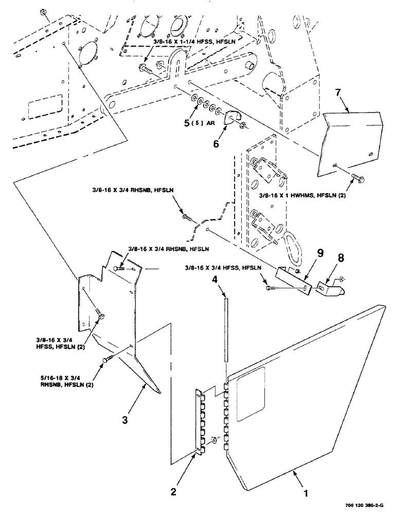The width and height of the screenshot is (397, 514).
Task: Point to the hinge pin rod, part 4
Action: pyautogui.click(x=225, y=329)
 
